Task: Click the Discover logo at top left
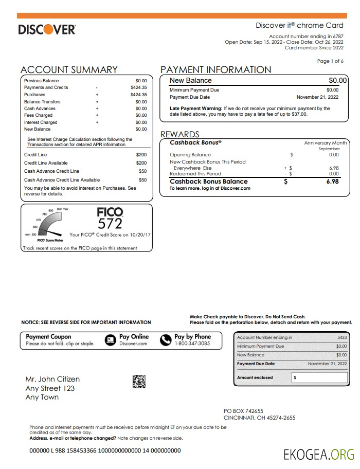click(x=47, y=29)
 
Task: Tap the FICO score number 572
click(x=110, y=224)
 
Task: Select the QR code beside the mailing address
click(x=139, y=382)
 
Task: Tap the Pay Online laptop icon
click(x=110, y=340)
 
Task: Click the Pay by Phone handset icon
click(x=165, y=340)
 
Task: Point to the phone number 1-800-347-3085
click(x=192, y=344)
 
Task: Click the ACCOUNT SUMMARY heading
click(x=69, y=70)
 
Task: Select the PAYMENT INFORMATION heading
click(x=216, y=70)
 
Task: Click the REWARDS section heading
click(x=179, y=135)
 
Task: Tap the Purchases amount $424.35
click(x=138, y=95)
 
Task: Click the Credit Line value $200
click(x=141, y=155)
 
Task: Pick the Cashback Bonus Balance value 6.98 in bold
click(x=332, y=182)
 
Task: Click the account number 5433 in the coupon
click(x=341, y=337)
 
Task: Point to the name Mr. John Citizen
click(x=52, y=380)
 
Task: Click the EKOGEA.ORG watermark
click(x=319, y=454)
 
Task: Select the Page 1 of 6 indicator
click(x=330, y=61)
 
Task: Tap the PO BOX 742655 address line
click(x=243, y=411)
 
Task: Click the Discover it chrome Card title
click(x=299, y=26)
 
